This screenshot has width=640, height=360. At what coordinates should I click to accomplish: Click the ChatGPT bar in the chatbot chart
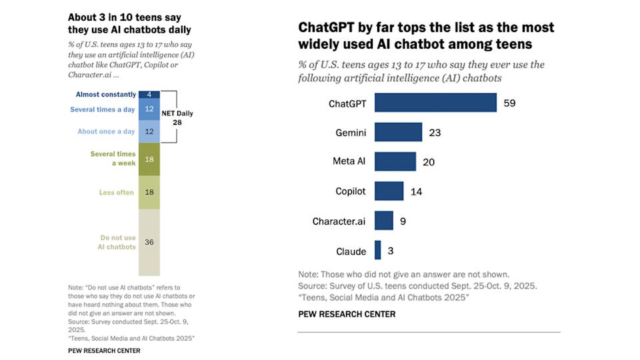[435, 103]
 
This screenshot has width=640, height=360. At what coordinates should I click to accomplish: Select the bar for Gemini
[398, 132]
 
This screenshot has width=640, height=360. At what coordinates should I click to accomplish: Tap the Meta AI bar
[395, 161]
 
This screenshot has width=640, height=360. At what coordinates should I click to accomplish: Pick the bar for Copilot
[389, 191]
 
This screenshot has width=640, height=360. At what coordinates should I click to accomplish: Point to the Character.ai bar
[383, 221]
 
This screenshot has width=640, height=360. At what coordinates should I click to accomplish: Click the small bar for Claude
[377, 251]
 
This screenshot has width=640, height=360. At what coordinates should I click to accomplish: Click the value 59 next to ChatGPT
[510, 103]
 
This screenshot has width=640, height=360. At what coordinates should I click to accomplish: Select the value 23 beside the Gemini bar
[435, 133]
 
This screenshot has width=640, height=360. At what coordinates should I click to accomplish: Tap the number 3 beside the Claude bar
[391, 251]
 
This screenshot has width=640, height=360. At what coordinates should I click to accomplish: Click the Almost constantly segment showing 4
[149, 95]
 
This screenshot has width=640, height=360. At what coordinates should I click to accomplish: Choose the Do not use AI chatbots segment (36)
[149, 242]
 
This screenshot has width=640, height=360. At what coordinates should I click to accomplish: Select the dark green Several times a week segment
[149, 159]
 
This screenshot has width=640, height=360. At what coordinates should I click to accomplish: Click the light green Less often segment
[149, 192]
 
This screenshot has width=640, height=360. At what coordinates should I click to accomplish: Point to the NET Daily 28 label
[177, 118]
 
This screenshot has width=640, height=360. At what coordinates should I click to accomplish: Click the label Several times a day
[102, 109]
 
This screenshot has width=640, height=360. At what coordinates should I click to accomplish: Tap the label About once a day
[106, 131]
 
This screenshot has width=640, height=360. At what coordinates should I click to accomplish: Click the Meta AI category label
[349, 161]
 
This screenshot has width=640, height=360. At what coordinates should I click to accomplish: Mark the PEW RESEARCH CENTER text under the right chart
[346, 314]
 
